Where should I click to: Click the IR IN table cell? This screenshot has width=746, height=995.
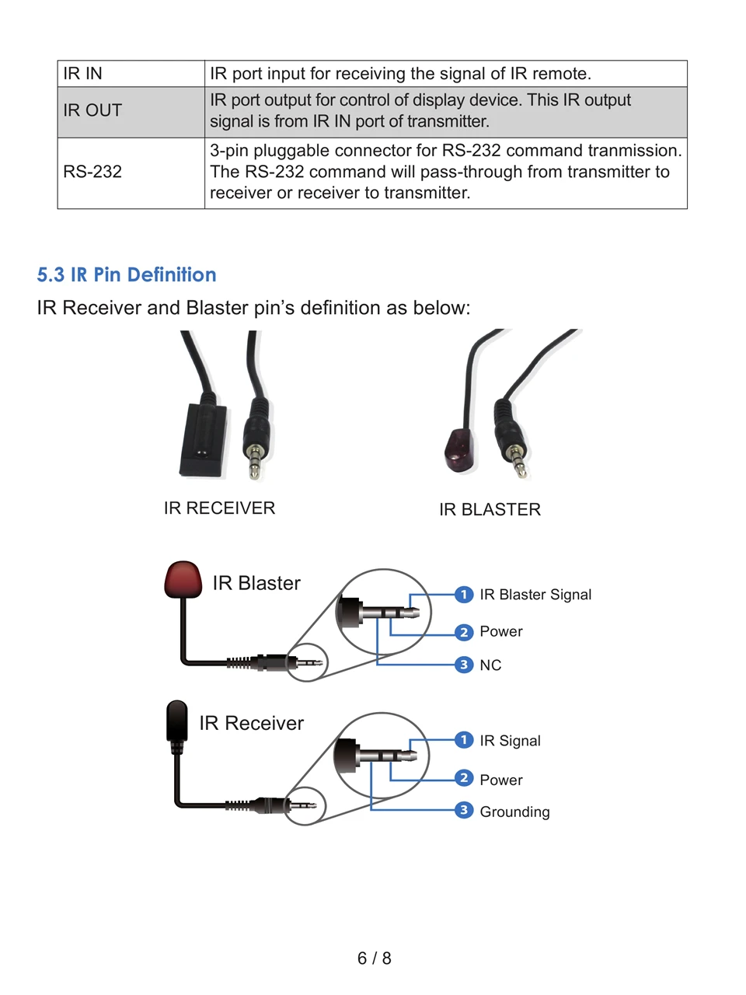pyautogui.click(x=83, y=74)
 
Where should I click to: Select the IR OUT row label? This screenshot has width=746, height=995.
pyautogui.click(x=92, y=110)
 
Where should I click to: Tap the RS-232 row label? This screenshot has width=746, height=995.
pyautogui.click(x=92, y=172)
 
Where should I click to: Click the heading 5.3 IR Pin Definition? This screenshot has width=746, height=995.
pyautogui.click(x=127, y=275)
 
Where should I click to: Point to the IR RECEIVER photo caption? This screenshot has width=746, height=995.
pyautogui.click(x=219, y=508)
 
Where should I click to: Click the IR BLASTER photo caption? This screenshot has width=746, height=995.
pyautogui.click(x=490, y=510)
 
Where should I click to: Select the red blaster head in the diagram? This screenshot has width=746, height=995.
pyautogui.click(x=183, y=580)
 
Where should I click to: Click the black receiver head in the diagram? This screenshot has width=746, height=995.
pyautogui.click(x=177, y=721)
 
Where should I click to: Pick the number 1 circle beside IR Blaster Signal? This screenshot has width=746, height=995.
pyautogui.click(x=464, y=595)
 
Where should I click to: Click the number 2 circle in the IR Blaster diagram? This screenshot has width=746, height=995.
pyautogui.click(x=464, y=632)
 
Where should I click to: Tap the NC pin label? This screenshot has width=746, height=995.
pyautogui.click(x=490, y=665)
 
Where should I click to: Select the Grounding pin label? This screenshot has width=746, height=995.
pyautogui.click(x=514, y=812)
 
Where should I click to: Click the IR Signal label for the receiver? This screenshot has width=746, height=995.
pyautogui.click(x=510, y=741)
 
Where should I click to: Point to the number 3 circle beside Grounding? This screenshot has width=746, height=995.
pyautogui.click(x=464, y=811)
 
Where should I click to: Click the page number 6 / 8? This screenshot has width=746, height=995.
pyautogui.click(x=374, y=958)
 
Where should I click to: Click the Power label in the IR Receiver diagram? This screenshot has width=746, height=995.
pyautogui.click(x=501, y=780)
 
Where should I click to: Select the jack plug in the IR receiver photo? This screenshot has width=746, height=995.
pyautogui.click(x=256, y=443)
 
